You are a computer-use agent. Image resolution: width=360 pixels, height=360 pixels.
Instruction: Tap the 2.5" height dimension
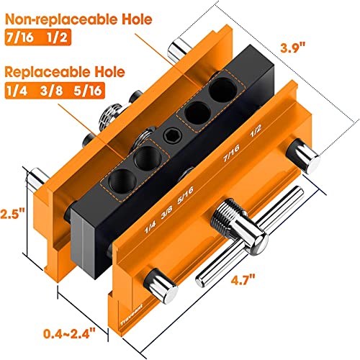coord(13,215)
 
